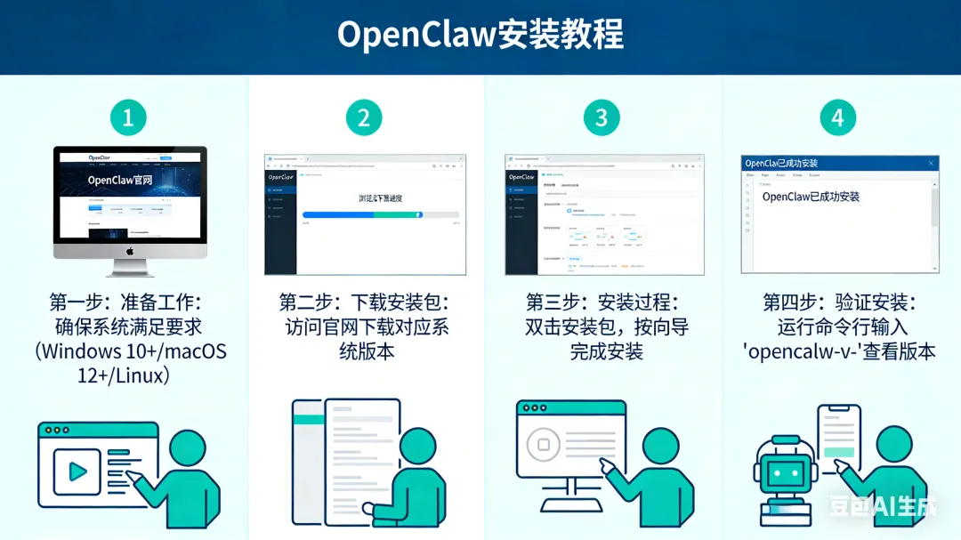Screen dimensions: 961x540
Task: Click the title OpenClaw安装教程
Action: click(480, 36)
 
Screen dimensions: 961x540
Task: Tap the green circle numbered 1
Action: click(127, 117)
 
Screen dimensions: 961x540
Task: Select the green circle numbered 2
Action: click(363, 117)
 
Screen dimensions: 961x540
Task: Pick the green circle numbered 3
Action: click(602, 117)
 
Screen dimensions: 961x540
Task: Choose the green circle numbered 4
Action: click(837, 117)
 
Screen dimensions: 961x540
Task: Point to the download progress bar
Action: click(380, 214)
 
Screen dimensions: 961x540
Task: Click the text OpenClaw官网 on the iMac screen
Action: click(119, 180)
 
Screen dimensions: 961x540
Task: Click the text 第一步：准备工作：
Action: click(127, 302)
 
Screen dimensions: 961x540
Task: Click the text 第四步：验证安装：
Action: click(839, 302)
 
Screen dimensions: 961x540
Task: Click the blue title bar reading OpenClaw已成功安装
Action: click(839, 163)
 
